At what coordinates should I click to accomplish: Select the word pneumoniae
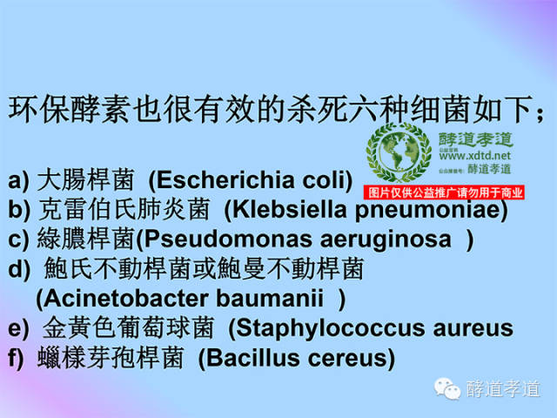[427, 210]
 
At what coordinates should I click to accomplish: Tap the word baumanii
[270, 299]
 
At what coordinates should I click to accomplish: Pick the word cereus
[352, 358]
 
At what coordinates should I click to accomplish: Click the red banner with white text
[445, 192]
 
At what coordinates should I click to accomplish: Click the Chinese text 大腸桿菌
[87, 181]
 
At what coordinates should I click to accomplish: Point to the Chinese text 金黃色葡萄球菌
[128, 329]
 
